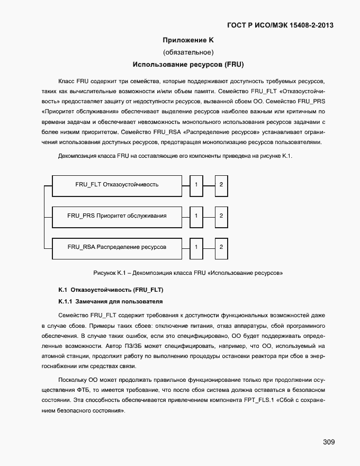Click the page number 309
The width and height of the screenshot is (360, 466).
pos(328,442)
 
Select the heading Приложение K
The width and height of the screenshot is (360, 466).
pos(188,40)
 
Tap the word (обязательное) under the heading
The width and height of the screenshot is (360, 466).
pos(188,52)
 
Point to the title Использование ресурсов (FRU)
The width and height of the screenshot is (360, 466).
pos(188,65)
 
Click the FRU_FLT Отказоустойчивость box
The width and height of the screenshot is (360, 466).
pos(117,184)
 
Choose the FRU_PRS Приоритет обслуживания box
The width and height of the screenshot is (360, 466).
pos(117,216)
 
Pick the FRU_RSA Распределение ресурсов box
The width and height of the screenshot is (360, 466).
pos(117,247)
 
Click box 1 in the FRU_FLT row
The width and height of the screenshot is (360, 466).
pos(196,184)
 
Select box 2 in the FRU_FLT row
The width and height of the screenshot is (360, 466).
pos(221,184)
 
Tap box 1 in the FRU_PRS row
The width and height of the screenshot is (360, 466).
pos(196,216)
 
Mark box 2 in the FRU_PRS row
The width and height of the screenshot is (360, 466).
pos(221,216)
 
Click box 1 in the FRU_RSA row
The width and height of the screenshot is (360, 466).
pos(196,247)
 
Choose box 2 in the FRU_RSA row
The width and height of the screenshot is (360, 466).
pos(221,247)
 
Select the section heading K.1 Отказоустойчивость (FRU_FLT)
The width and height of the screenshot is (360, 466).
pos(111,290)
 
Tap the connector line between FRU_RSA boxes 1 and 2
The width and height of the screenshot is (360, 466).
pos(209,247)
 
